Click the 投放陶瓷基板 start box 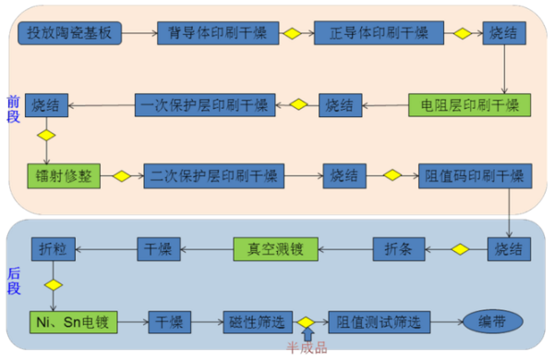pyautogui.click(x=70, y=33)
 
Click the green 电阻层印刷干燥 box pyautogui.click(x=471, y=104)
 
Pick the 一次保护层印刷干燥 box pyautogui.click(x=205, y=104)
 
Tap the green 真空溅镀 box pyautogui.click(x=274, y=247)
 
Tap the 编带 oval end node pyautogui.click(x=492, y=322)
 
